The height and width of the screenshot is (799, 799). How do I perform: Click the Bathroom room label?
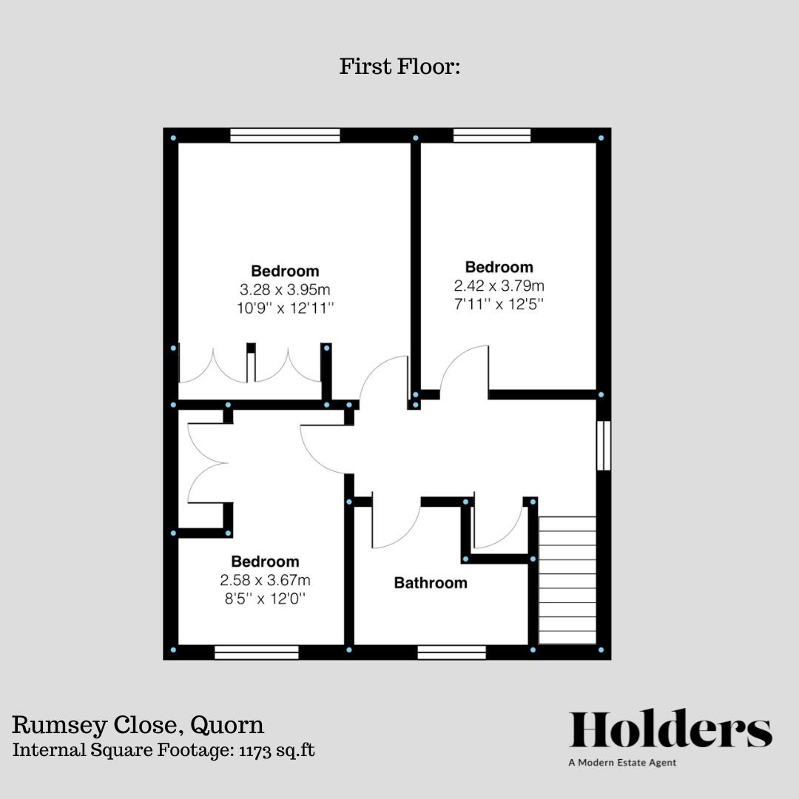(x=431, y=583)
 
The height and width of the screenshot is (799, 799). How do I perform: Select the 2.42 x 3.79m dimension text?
(x=499, y=286)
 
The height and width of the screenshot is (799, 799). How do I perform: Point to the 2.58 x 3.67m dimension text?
(x=265, y=580)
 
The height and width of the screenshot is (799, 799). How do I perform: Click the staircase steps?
(x=567, y=581)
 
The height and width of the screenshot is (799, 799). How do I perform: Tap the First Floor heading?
(x=400, y=67)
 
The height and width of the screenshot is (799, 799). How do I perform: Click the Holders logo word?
(x=670, y=731)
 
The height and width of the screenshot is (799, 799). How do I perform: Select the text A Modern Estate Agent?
(x=622, y=763)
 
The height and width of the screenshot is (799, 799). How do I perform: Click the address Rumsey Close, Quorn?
(x=138, y=724)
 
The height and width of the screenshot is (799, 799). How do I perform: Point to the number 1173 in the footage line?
(x=257, y=750)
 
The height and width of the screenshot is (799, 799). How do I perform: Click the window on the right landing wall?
(x=604, y=445)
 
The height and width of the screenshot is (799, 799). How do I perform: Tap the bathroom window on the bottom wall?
(x=451, y=653)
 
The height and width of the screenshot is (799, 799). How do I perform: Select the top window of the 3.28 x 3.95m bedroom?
(x=285, y=135)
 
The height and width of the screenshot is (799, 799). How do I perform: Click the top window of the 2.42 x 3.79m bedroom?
(x=492, y=135)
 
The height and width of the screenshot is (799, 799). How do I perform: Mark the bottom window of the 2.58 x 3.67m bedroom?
(x=257, y=653)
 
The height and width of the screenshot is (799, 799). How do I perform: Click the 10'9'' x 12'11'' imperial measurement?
(x=285, y=307)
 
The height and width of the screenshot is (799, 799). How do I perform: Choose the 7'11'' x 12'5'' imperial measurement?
(x=499, y=304)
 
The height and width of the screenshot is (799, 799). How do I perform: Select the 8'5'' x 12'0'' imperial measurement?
(x=265, y=599)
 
